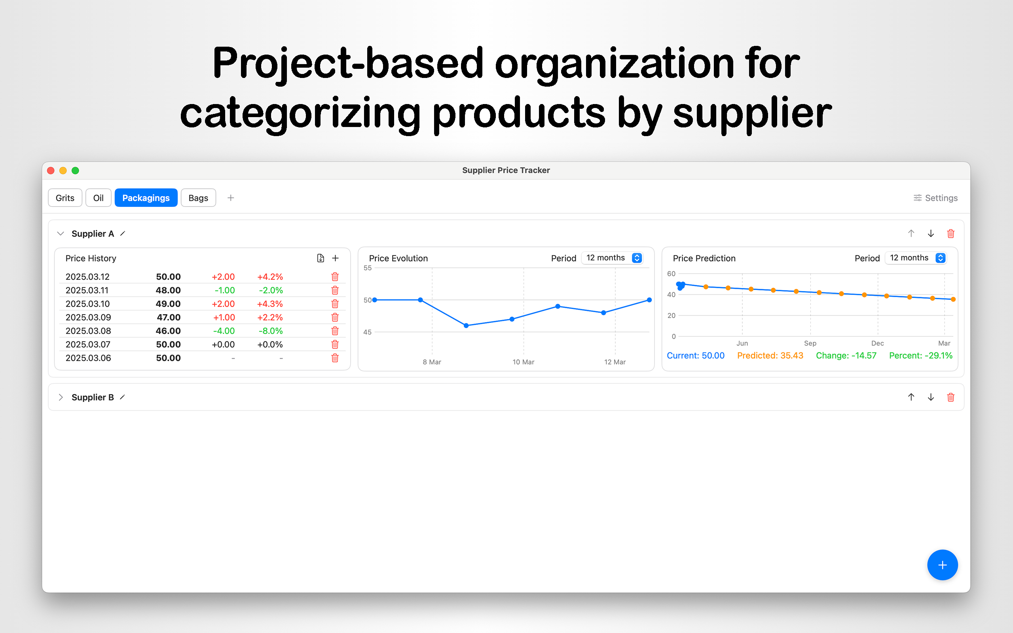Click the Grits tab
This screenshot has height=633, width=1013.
click(x=65, y=197)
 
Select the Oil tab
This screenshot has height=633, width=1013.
click(x=99, y=197)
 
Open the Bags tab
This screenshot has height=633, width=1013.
click(x=198, y=197)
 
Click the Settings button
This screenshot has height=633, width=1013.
click(x=935, y=197)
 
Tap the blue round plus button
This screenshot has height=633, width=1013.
click(x=942, y=565)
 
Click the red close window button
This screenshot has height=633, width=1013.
click(x=51, y=171)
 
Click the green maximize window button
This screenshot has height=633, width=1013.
click(x=75, y=171)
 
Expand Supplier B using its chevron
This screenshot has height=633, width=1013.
click(x=61, y=397)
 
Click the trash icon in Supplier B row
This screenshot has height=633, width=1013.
click(x=950, y=397)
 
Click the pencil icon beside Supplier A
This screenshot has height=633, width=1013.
click(x=123, y=233)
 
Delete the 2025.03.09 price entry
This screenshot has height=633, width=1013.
click(x=335, y=317)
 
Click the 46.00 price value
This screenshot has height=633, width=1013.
click(x=168, y=331)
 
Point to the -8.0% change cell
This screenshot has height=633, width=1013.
click(x=270, y=331)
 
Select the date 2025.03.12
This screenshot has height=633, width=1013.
click(x=87, y=277)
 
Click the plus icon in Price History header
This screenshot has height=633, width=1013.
click(x=335, y=258)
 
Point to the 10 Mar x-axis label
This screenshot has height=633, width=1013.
click(x=523, y=362)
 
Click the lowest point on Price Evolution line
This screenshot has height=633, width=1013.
click(x=466, y=325)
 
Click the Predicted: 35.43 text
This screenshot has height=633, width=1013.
click(x=770, y=355)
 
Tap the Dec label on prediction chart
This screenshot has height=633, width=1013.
click(x=877, y=343)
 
